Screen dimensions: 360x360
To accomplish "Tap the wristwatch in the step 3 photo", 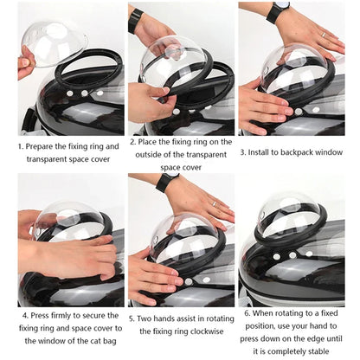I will pos(278,12).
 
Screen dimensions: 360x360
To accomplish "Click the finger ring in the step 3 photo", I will pos(323,35).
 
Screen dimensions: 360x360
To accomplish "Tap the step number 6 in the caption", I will pos(247,312).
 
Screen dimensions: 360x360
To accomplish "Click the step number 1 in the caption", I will pos(20,146).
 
